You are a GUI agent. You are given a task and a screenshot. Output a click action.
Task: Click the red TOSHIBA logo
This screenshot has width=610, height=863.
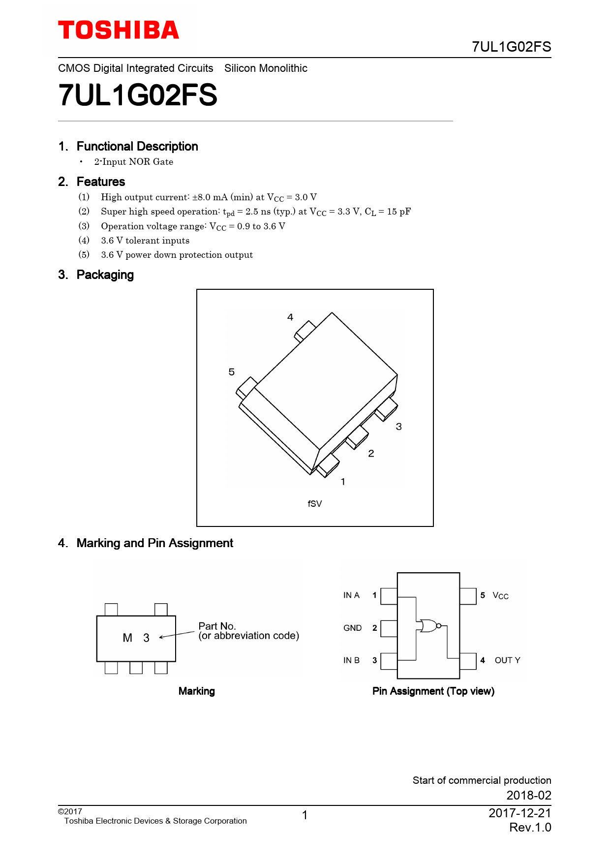119,31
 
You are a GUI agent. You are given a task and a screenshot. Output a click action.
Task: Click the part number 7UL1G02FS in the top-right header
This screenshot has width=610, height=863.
511,47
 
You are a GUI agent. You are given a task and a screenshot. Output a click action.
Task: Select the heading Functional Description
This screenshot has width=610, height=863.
137,147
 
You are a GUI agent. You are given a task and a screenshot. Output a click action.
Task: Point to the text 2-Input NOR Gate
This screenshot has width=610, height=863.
134,162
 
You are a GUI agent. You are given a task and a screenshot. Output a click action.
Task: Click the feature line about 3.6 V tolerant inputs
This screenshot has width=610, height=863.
145,241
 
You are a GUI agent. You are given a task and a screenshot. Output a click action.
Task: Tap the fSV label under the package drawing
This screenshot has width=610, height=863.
315,504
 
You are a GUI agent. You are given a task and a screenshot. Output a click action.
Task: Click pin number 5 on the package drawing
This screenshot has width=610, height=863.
232,372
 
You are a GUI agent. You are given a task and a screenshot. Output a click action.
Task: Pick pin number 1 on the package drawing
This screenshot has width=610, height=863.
343,482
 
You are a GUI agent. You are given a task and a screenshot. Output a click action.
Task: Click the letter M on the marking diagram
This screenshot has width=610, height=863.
127,638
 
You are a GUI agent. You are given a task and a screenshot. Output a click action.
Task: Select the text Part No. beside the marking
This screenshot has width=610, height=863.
217,626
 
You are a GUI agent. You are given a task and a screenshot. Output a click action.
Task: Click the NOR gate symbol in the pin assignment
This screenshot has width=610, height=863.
428,626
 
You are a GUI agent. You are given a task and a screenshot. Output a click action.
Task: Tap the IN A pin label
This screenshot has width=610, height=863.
351,595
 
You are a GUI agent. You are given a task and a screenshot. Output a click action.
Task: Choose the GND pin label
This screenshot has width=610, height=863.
352,628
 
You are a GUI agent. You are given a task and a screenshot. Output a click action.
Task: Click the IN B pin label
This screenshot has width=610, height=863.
351,660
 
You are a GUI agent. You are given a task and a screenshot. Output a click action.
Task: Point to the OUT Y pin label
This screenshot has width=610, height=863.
507,660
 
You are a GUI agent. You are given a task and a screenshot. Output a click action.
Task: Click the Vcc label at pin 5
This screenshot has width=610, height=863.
500,596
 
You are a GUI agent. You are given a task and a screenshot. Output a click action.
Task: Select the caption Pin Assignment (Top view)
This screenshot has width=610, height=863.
433,691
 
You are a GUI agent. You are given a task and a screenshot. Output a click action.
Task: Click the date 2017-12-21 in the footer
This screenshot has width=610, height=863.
519,813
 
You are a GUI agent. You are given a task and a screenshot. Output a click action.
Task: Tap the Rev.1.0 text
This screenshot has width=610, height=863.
530,828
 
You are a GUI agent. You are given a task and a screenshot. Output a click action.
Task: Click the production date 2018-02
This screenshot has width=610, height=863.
529,795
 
